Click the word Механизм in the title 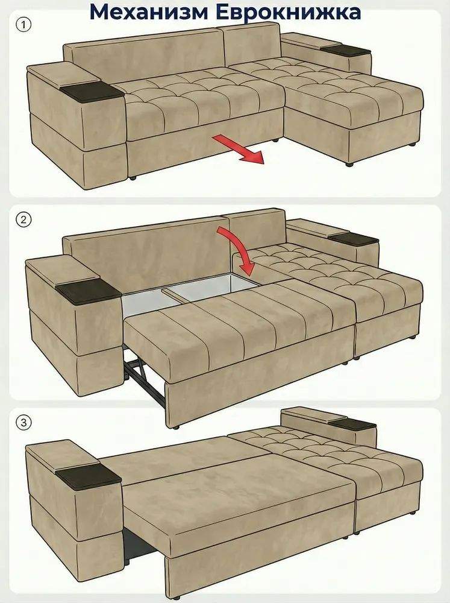point(149,11)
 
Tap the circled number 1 point(23,25)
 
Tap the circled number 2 point(23,220)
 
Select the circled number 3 point(23,423)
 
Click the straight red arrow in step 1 point(239,150)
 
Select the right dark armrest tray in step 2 point(354,238)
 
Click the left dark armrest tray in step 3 point(89,476)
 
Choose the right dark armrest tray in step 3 point(352,425)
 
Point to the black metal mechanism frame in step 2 point(144,377)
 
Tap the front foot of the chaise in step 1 point(349,164)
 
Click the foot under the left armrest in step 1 point(133,178)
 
